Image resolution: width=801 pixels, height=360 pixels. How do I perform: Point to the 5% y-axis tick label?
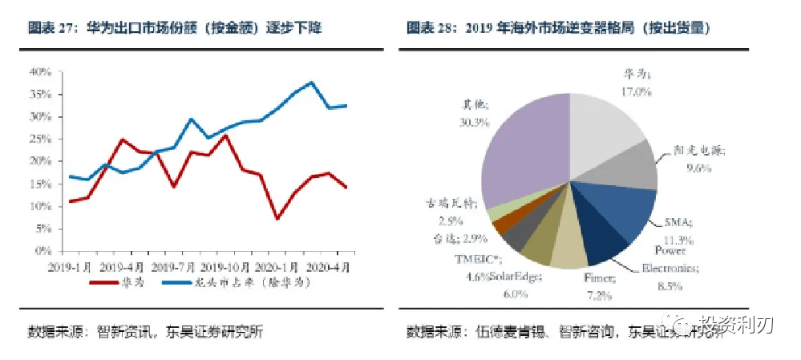pos(42,229)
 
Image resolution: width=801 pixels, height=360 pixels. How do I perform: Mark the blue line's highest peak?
pos(312,82)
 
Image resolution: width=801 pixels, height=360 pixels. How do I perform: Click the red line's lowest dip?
pos(277,218)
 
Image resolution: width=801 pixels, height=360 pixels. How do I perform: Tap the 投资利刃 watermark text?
pos(734,325)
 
